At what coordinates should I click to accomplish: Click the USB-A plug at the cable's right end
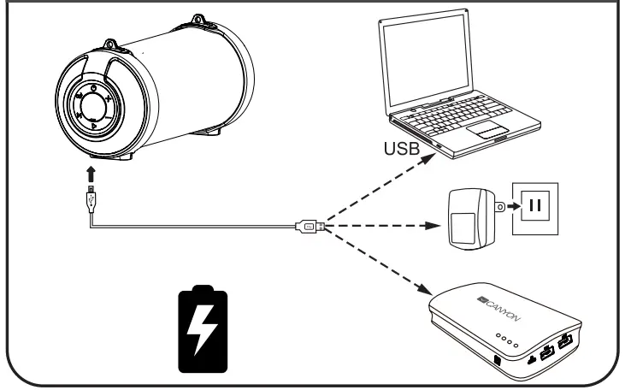pos(310,227)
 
